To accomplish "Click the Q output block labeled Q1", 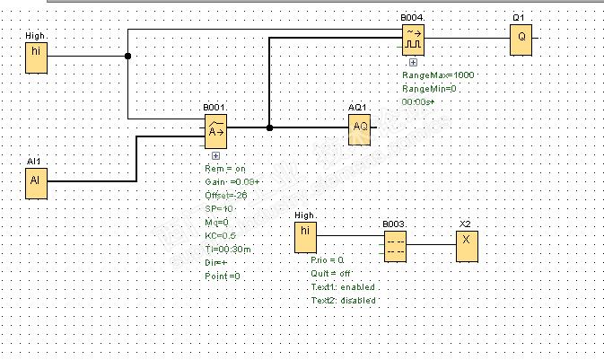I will tap(520, 40).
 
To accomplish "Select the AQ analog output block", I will tap(360, 128).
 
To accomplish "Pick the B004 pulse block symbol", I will tap(412, 38).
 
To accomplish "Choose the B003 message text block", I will tap(396, 245).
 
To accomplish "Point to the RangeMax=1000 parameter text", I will tap(437, 75).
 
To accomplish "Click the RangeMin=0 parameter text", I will tap(429, 89).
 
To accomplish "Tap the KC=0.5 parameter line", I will tap(221, 235).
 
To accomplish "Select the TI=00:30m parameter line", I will tap(228, 249).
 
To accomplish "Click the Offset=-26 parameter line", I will tap(225, 195).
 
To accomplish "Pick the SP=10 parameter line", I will tap(218, 208).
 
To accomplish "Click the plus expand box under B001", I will tap(216, 156).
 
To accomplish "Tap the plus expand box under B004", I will tap(412, 62).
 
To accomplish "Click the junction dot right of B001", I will tap(268, 127).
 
